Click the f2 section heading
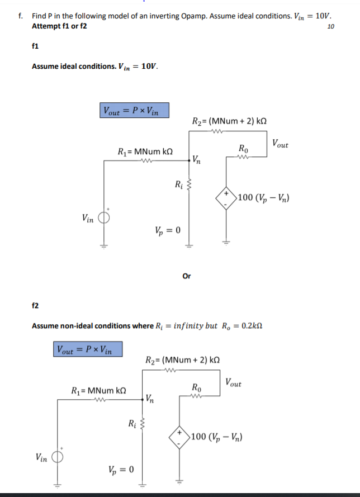[35, 306]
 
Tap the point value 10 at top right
[330, 26]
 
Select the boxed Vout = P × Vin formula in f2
[88, 351]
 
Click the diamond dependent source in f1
[226, 198]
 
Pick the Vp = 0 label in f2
[120, 468]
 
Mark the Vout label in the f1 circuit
[280, 144]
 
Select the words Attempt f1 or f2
[59, 26]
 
